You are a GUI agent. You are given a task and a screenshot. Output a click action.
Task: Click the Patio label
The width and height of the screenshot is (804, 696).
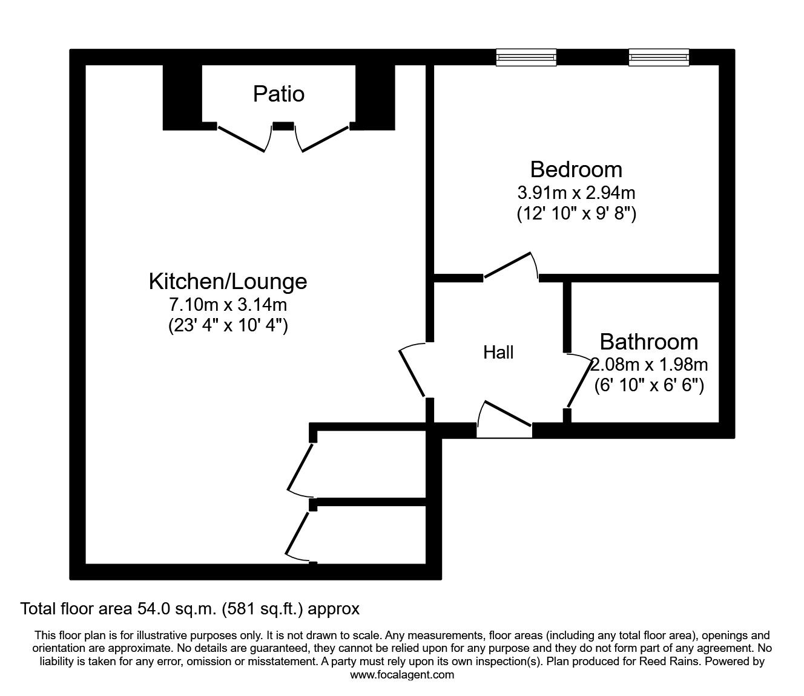pos(278,94)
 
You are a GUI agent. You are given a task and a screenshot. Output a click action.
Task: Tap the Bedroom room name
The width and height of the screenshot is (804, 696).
pos(576,169)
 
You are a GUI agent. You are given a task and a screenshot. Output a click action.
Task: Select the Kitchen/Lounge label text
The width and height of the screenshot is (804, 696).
pos(228,281)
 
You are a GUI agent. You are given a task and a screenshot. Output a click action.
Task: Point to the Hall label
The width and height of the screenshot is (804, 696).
pos(498,353)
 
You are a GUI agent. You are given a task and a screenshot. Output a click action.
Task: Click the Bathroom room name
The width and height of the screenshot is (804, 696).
pos(648,342)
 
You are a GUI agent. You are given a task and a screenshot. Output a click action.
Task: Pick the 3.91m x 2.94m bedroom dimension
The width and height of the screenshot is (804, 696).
pos(576,193)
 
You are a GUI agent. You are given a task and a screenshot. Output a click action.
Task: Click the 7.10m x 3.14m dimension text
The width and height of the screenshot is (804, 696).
pos(228,304)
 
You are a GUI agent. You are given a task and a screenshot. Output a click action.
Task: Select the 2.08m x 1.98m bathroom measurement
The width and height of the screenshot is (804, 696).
pos(649,365)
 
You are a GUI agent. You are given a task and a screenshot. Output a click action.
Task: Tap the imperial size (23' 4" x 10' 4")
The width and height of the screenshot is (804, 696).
pos(228,325)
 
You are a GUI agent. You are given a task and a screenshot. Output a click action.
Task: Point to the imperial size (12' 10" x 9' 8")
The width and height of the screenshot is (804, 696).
pos(576,213)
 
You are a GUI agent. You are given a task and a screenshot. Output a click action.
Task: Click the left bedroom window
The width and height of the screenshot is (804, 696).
pos(526,57)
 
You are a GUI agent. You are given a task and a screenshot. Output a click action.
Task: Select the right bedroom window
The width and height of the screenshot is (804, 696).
pos(659,57)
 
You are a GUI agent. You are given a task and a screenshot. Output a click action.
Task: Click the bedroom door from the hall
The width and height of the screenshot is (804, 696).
pos(510,267)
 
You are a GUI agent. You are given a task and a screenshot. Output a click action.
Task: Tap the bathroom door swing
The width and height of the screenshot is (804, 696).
pos(578,381)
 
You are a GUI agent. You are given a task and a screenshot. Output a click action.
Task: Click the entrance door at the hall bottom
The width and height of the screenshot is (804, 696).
pos(505,417)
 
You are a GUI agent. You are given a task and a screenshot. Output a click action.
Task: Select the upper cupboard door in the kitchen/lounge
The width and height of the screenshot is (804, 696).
pos(300,468)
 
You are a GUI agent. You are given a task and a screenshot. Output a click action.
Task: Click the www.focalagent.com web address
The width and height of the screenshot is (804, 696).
pos(402,675)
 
